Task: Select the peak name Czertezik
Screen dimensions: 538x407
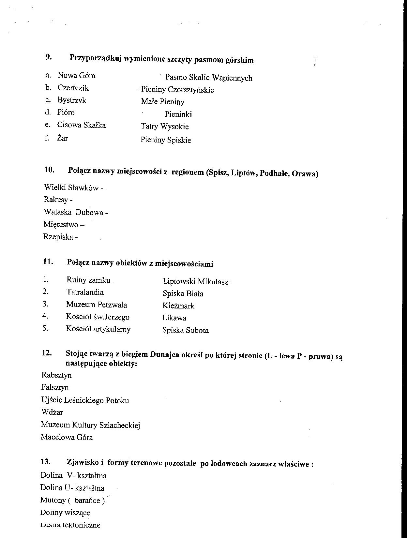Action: [x=73, y=88]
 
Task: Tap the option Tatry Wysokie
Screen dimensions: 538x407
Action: [x=165, y=127]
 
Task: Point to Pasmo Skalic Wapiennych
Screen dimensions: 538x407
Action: [x=209, y=78]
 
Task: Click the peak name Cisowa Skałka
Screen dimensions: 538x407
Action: [x=82, y=125]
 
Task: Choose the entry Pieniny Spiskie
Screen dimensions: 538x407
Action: [x=166, y=140]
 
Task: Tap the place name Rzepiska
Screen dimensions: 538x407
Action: [x=58, y=237]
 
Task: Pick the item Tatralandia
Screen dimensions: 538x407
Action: [x=85, y=292]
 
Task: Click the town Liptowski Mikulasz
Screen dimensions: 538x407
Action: [x=195, y=282]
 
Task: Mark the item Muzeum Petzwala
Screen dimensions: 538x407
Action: [x=97, y=305]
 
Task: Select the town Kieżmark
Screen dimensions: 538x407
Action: [x=178, y=306]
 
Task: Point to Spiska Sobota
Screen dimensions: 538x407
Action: [x=185, y=330]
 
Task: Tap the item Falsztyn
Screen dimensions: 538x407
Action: [x=55, y=388]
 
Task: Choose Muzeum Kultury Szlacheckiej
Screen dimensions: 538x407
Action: [x=90, y=425]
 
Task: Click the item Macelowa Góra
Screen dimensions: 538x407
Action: [x=67, y=438]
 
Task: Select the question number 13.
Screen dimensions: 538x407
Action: [x=46, y=462]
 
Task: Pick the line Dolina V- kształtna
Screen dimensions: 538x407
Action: [x=73, y=476]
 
